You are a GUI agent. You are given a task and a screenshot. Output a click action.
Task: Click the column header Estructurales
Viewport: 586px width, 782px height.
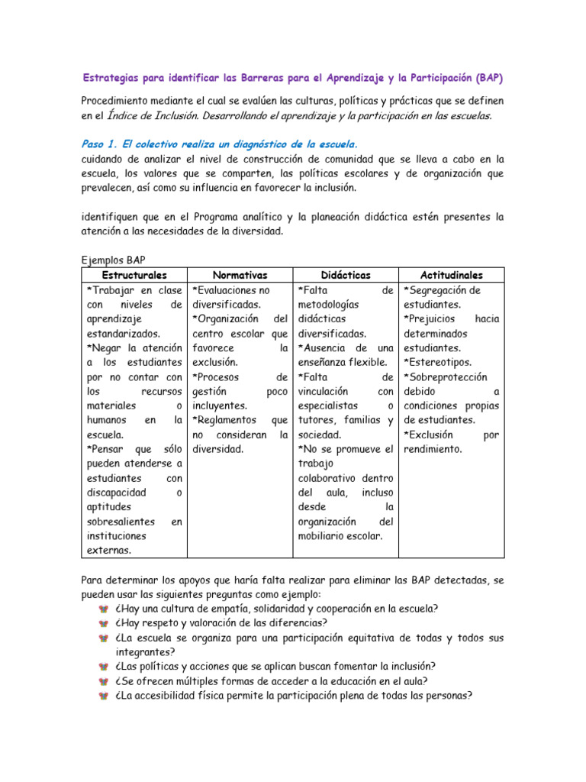134,275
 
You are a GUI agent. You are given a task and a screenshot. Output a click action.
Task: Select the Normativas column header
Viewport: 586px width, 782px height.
240,275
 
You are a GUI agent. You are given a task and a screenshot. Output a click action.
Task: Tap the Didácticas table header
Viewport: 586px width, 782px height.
345,275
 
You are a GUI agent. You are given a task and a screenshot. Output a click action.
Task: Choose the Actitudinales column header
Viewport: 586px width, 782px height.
451,275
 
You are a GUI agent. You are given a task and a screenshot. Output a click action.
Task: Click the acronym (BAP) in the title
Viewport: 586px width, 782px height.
489,78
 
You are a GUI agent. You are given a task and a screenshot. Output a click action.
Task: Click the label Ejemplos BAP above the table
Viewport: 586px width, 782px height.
113,259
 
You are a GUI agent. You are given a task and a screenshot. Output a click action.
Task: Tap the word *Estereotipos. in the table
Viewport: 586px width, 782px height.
437,362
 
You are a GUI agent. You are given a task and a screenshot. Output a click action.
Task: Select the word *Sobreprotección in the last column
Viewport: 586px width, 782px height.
446,376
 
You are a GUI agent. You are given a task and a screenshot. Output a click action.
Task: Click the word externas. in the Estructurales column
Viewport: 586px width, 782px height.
108,550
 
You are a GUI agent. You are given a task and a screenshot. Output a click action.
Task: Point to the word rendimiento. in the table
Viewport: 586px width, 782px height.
433,449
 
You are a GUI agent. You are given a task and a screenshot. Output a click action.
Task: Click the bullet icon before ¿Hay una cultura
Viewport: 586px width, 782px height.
105,609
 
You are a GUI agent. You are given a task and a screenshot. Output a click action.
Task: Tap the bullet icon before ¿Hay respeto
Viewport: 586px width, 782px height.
105,623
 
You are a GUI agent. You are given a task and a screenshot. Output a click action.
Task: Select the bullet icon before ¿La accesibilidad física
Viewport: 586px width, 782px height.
105,696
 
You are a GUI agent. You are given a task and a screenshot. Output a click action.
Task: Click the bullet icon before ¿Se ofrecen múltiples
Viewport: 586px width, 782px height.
105,681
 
